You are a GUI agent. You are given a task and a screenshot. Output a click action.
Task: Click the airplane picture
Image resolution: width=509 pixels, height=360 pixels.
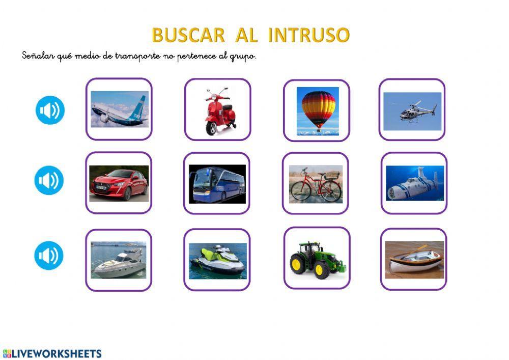[119, 109]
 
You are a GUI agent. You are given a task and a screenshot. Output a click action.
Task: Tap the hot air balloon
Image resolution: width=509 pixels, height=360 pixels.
[318, 110]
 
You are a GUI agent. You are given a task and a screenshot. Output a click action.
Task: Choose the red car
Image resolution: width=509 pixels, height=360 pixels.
[119, 183]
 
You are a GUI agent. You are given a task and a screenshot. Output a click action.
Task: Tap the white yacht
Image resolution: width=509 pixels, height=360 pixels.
[119, 260]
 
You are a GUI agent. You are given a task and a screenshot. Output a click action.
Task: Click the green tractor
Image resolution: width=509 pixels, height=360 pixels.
[317, 259]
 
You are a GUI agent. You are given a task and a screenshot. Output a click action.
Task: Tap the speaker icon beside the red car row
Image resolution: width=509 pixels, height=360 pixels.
[49, 180]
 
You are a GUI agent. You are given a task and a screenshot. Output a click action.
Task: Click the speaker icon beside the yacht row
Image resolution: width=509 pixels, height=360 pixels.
[49, 256]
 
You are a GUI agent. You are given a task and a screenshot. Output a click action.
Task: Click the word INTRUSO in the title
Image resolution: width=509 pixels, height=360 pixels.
[309, 35]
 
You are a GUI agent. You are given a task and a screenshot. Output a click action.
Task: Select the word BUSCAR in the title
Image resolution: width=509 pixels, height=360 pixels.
[188, 35]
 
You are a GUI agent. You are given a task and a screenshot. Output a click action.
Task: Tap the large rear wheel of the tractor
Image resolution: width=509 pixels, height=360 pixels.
[299, 264]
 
